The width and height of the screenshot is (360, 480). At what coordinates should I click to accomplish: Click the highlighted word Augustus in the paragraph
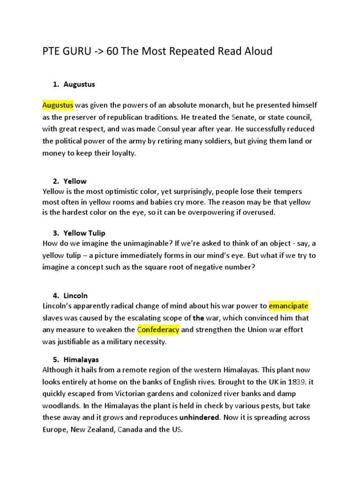tap(58, 105)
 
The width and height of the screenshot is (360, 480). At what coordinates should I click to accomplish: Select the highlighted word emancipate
tap(288, 306)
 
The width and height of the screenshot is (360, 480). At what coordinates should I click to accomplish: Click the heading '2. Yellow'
tap(69, 181)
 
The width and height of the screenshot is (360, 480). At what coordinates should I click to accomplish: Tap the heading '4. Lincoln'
tap(70, 295)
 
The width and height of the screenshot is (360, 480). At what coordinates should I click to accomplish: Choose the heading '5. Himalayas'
tap(75, 360)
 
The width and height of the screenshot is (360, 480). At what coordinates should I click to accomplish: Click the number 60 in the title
tap(113, 51)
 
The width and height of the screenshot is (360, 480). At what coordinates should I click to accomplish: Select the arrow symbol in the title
tap(97, 51)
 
